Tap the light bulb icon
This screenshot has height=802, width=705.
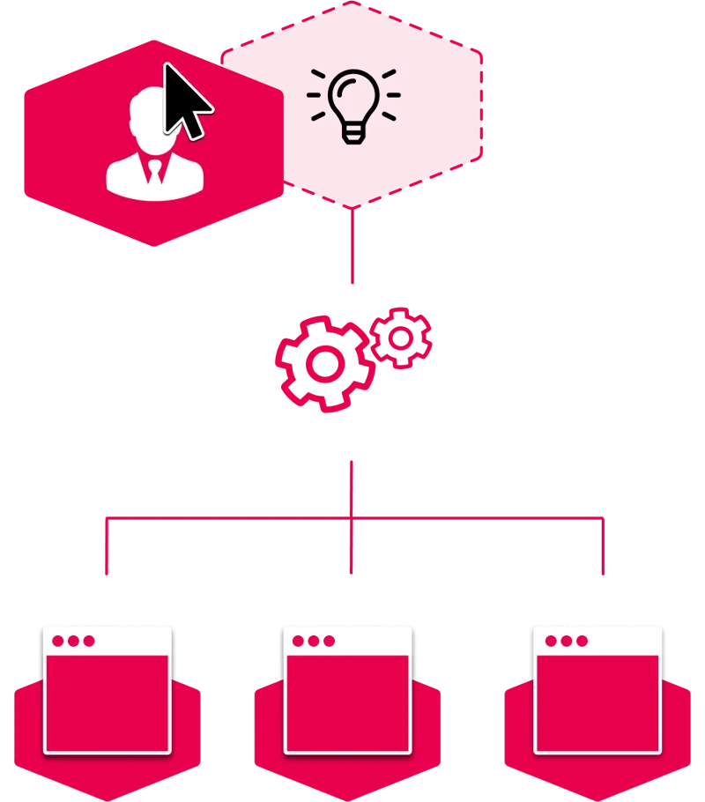(x=353, y=104)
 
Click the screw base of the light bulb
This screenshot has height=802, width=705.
(x=353, y=133)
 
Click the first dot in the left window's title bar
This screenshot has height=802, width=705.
(x=58, y=641)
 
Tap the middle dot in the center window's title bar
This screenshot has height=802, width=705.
(x=313, y=641)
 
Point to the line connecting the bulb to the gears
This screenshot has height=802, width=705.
(x=352, y=247)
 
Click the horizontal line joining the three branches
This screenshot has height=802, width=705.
(x=229, y=519)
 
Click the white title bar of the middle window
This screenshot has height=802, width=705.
(x=370, y=641)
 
